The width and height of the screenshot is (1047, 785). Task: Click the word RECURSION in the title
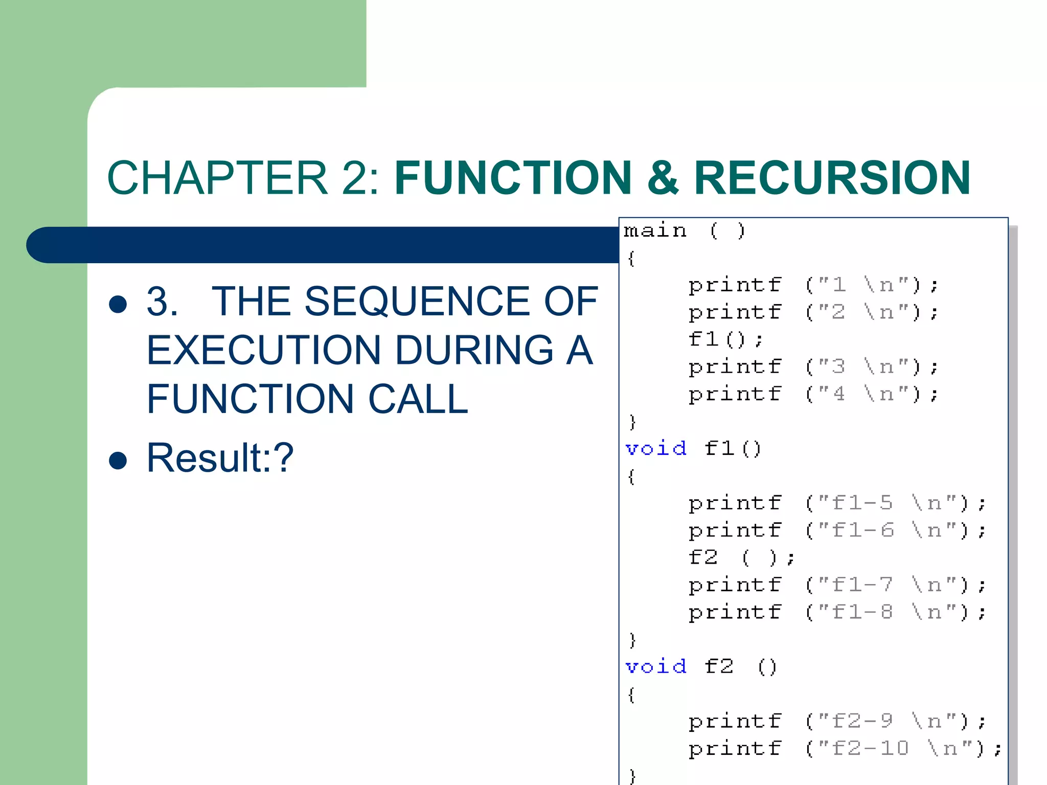coord(832,178)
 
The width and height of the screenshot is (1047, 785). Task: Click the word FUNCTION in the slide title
coord(513,178)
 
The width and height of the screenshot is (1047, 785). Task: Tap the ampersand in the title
coord(663,178)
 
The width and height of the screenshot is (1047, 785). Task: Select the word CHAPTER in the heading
coord(217,178)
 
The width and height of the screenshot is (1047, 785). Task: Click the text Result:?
coord(220,458)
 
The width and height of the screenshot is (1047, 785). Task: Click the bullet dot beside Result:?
coord(118,460)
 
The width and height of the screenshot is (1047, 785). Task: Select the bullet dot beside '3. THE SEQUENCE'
coord(118,304)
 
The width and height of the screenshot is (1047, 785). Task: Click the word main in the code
coord(655,230)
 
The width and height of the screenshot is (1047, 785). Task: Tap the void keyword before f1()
coord(656,448)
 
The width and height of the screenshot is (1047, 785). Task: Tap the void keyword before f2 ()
coord(656,666)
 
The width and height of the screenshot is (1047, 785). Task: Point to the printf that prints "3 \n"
coord(735,367)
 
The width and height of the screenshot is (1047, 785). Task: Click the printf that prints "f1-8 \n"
coord(735,612)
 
